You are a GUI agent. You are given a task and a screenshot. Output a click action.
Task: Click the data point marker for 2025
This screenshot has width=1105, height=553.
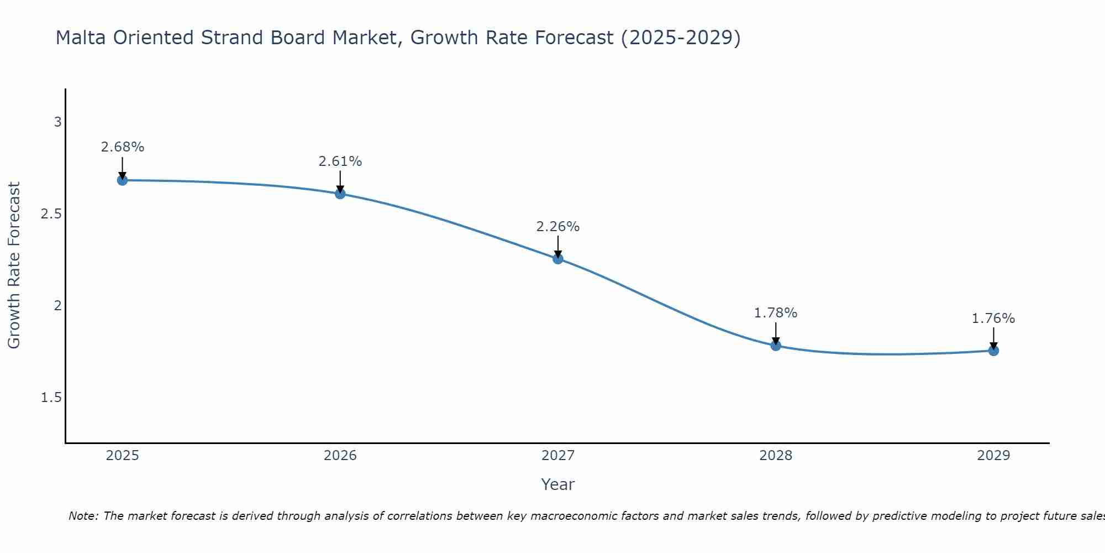tap(122, 180)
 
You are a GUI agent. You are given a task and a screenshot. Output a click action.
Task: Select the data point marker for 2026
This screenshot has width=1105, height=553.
tap(340, 194)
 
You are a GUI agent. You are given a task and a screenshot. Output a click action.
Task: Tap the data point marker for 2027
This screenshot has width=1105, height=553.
tap(558, 258)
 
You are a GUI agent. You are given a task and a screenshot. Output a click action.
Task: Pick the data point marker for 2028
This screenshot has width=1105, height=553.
tap(776, 346)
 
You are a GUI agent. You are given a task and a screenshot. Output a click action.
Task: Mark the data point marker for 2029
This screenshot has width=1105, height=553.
tap(993, 351)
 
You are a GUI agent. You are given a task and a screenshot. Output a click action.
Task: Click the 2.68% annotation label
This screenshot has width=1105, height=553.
tap(122, 147)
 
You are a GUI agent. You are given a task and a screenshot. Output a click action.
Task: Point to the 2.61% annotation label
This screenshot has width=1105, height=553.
tap(340, 161)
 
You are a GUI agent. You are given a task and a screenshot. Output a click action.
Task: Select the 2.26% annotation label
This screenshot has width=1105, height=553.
tap(558, 227)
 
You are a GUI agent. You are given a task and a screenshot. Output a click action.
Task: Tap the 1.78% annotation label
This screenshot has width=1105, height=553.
tap(776, 313)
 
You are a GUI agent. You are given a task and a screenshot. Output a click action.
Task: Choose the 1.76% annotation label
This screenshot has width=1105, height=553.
tap(993, 319)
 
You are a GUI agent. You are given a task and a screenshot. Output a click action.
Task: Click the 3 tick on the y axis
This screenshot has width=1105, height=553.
tap(57, 122)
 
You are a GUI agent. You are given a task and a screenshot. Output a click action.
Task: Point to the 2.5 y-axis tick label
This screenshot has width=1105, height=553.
tap(51, 214)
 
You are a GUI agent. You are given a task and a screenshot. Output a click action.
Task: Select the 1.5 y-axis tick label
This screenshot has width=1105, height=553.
tap(51, 398)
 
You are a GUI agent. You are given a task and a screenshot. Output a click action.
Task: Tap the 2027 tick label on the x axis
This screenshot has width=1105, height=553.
tap(558, 456)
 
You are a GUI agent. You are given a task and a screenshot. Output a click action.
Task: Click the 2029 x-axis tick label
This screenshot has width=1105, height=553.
tap(993, 456)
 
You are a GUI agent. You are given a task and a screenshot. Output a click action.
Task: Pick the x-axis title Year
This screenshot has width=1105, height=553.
tap(558, 484)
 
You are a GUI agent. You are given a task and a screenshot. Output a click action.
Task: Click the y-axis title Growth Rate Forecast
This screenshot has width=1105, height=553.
tap(14, 265)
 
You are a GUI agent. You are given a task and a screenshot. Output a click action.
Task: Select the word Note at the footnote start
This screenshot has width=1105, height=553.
tap(83, 516)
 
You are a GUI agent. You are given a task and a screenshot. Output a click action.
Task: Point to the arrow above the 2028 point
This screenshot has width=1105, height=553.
tap(776, 333)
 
